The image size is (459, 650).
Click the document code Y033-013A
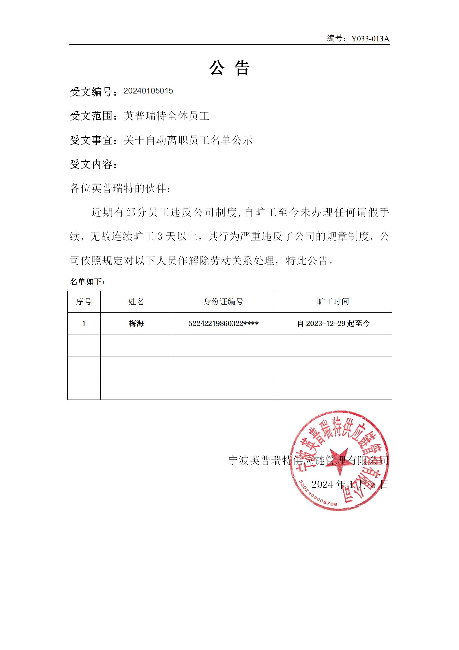tap(370, 39)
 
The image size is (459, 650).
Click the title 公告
tap(229, 68)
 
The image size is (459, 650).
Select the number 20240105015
tap(148, 91)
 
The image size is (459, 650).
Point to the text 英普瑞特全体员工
tap(166, 116)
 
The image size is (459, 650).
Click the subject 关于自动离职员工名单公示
tap(188, 140)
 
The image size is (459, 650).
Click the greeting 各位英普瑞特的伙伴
tap(120, 188)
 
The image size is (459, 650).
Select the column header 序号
tap(84, 302)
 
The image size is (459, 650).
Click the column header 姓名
tap(136, 302)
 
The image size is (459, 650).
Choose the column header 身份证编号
tap(223, 302)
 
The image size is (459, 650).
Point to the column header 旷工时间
tap(333, 302)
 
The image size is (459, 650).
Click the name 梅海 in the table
tap(136, 323)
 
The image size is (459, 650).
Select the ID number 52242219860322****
tap(223, 323)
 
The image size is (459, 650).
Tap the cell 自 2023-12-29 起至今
tap(333, 323)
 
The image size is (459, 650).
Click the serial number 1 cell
tap(84, 323)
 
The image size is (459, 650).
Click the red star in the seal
tap(340, 460)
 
